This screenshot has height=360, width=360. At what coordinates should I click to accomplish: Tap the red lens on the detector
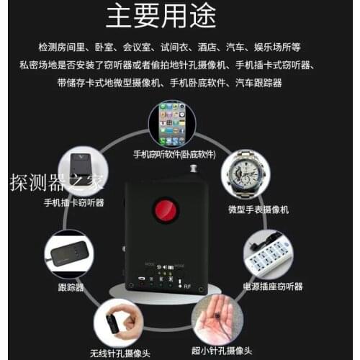point(166,210)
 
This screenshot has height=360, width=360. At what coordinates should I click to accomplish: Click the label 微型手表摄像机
point(258,210)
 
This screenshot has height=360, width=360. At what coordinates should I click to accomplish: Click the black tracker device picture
point(70,253)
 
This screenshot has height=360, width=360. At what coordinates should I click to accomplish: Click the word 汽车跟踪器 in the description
point(258,83)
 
